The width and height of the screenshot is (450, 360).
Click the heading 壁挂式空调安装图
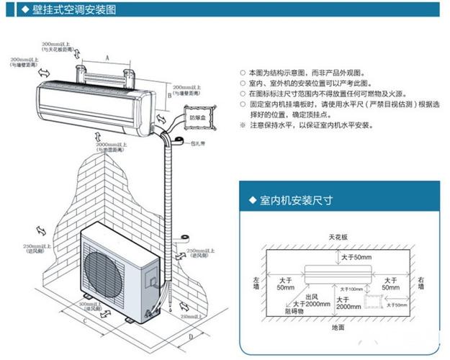coord(68,9)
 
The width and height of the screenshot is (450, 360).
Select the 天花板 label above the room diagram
coord(338,235)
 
